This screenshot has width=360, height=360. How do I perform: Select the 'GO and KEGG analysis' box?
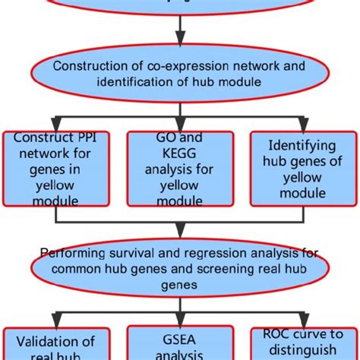(180, 168)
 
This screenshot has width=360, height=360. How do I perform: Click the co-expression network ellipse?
(180, 74)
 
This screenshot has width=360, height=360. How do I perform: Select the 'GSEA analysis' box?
(180, 344)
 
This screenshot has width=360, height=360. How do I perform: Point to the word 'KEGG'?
(180, 154)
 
